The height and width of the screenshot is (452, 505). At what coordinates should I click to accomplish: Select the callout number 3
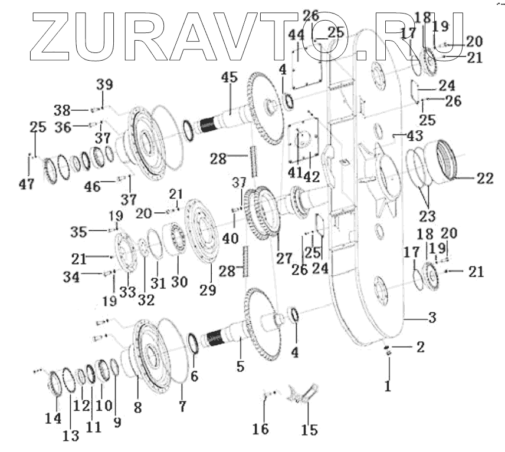coord(432,318)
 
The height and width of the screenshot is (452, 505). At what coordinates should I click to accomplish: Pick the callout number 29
coord(208,289)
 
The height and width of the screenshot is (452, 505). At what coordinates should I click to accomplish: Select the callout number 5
coord(240,366)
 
